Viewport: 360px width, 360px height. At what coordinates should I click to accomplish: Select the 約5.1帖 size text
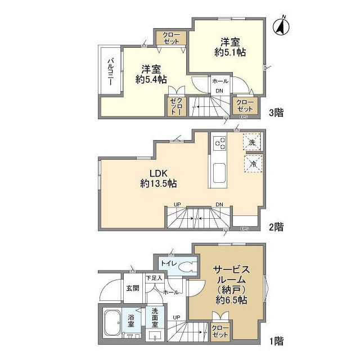tap(231, 52)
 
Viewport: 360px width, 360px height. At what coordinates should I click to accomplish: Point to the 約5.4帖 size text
tap(151, 80)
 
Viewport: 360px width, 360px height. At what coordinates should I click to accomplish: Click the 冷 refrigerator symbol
tap(253, 163)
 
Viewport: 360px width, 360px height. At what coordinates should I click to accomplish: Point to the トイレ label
tap(168, 263)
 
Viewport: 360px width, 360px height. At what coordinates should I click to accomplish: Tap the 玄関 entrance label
tap(133, 288)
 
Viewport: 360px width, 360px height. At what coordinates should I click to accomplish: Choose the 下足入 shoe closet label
tap(153, 278)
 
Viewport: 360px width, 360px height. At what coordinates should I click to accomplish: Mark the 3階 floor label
tap(276, 112)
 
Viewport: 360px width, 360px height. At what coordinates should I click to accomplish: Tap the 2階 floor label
tap(276, 227)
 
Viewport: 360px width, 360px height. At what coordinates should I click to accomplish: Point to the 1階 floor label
tap(276, 341)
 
